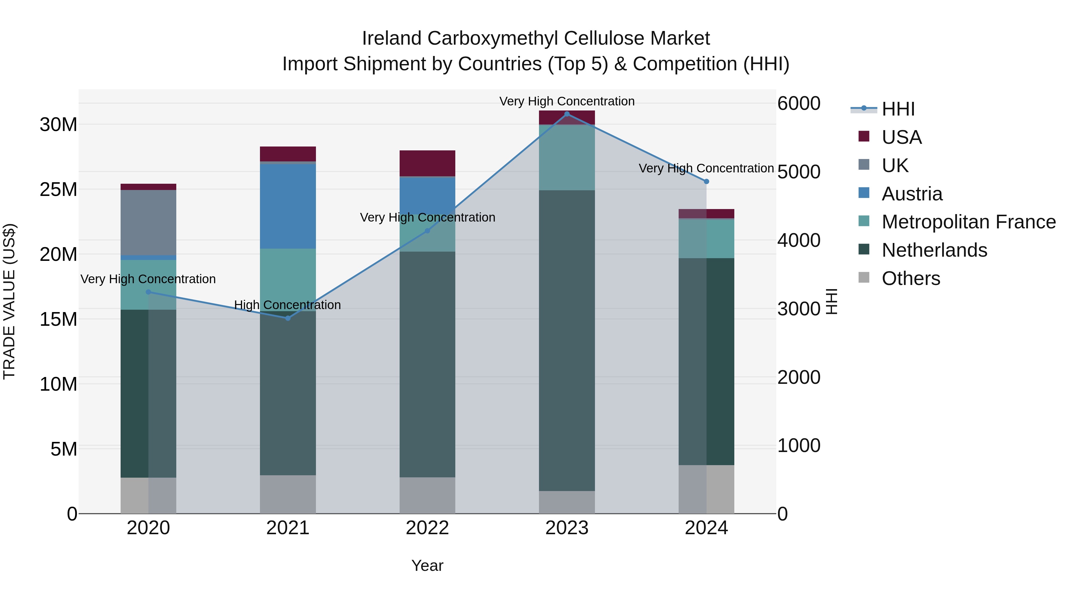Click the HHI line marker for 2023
coord(567,114)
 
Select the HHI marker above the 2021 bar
coord(288,318)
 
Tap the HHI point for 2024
coord(706,181)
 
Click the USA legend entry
coord(901,137)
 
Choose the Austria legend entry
coord(911,194)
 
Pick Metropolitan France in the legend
coord(968,222)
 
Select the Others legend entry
coord(911,278)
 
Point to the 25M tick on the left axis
coord(58,190)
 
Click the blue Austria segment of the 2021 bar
coord(288,206)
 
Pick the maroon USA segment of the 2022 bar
coord(427,163)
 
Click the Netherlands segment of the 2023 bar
coord(567,340)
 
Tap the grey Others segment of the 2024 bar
coord(706,489)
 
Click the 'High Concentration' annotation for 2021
coord(288,305)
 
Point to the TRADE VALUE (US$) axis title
coord(9,301)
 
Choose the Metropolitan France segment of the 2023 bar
coord(567,157)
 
